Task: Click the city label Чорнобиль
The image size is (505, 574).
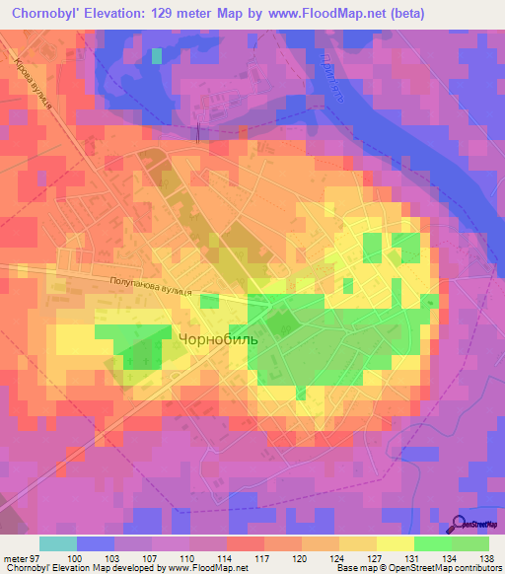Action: click(x=218, y=337)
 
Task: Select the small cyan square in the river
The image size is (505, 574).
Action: click(x=157, y=55)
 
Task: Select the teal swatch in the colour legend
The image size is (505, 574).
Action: click(x=58, y=543)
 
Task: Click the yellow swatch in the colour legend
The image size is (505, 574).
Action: click(x=396, y=543)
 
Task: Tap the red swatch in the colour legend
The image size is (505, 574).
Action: click(x=246, y=543)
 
